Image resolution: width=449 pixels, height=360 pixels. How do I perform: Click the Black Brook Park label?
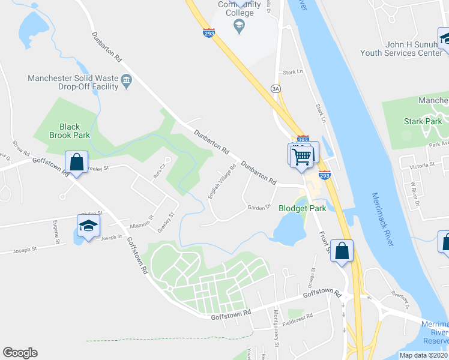pyautogui.click(x=70, y=131)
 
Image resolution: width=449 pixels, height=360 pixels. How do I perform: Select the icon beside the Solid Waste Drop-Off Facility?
pyautogui.click(x=127, y=80)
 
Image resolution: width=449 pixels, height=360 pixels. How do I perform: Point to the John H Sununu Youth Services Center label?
pyautogui.click(x=397, y=49)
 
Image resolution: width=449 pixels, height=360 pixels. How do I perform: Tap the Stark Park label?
pyautogui.click(x=422, y=122)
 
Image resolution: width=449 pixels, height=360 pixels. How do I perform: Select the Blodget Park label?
pyautogui.click(x=302, y=208)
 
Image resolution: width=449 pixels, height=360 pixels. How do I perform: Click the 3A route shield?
pyautogui.click(x=276, y=88)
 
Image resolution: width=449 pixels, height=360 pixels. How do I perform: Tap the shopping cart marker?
pyautogui.click(x=302, y=157)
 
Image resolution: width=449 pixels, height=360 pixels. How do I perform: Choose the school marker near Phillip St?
pyautogui.click(x=88, y=227)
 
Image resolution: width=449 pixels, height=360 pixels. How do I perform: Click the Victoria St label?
pyautogui.click(x=422, y=164)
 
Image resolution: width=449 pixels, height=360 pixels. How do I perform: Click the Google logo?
pyautogui.click(x=20, y=353)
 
